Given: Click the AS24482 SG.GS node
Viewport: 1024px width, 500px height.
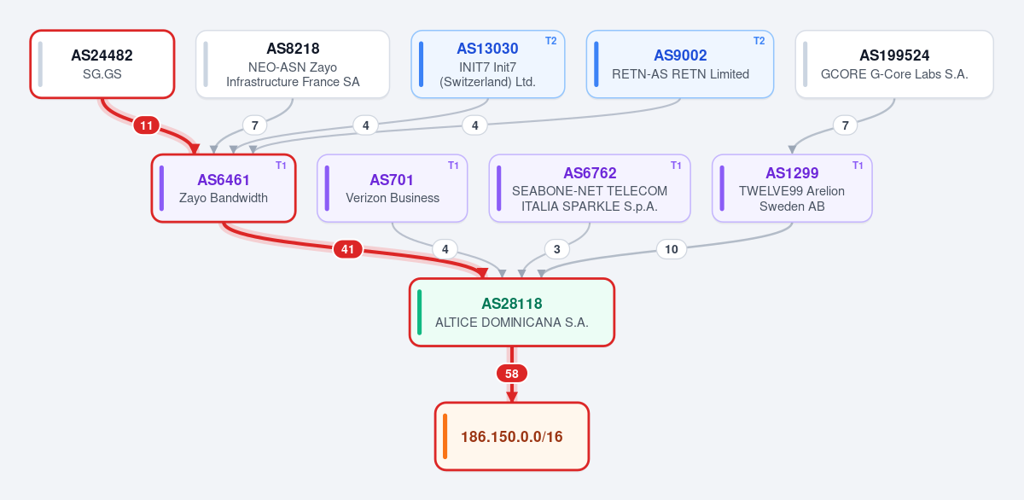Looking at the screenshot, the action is coord(102,64).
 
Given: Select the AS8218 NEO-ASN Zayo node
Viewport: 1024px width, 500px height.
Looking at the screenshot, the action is coord(293,64).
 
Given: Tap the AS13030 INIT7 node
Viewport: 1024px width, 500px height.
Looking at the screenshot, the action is coord(488,64).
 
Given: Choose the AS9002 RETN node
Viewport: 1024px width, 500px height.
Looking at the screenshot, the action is coord(680,64).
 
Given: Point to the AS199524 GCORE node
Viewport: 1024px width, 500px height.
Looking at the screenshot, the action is coord(894,64).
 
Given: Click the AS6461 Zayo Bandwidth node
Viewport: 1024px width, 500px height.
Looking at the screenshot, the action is coord(224,189).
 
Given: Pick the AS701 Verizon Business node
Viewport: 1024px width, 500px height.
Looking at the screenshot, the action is coord(393,189).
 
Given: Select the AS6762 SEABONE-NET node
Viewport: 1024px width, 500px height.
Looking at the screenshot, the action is coord(590,189).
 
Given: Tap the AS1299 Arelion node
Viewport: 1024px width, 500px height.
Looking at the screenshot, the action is coord(792,189).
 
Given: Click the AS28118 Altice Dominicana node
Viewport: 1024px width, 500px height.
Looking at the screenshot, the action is coord(512,312).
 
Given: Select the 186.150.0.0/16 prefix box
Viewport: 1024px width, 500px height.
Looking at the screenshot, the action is coord(512,436).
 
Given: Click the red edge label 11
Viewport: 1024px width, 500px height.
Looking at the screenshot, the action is coord(146,125).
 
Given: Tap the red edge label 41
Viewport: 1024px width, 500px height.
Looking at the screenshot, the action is coord(348,249).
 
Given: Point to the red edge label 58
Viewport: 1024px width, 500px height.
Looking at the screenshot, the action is coord(512,374).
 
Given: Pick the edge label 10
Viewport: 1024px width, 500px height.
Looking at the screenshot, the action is coord(671,249).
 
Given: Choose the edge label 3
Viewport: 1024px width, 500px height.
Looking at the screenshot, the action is coord(556,249).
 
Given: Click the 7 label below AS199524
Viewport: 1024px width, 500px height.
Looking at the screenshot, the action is coord(846,125).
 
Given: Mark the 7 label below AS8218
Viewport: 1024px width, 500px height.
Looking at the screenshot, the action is coord(255,125).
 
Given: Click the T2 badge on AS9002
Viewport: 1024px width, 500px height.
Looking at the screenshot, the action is coord(759,41).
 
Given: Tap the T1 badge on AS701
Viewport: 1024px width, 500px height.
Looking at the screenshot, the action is coord(453,166).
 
